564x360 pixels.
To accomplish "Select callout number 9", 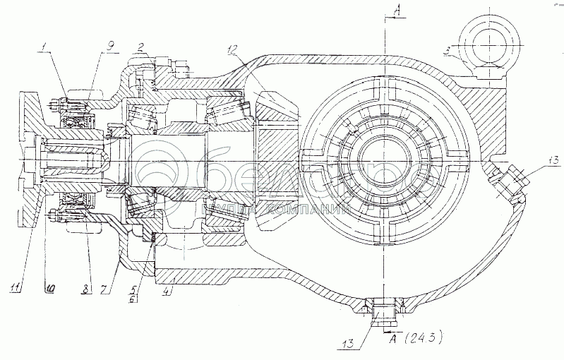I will click(111, 47).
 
